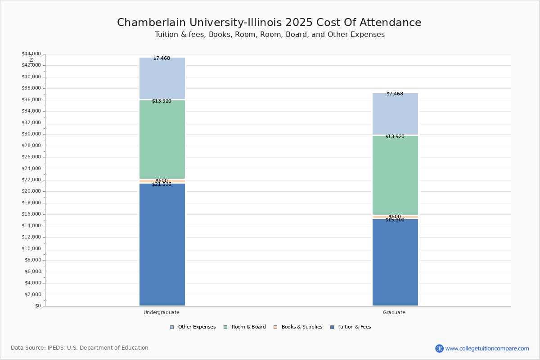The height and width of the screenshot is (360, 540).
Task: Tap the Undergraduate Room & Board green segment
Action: point(162,139)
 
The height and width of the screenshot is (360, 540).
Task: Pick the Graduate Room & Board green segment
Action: point(395,175)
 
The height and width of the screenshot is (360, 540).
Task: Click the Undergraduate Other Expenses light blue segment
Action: point(162,79)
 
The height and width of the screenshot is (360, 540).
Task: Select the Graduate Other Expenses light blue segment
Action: point(395,114)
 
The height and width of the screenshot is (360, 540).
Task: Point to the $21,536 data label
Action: point(162,184)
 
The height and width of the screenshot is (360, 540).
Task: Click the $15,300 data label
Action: point(395,220)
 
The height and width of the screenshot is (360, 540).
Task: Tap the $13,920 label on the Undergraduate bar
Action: point(162,101)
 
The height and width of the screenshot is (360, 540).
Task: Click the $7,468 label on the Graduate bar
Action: point(395,94)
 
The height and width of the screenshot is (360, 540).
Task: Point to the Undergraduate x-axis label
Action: point(162,312)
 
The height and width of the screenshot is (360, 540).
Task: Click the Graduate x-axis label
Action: point(394,312)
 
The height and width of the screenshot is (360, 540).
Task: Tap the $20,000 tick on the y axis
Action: point(31,191)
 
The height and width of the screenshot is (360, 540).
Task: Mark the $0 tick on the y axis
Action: point(37,306)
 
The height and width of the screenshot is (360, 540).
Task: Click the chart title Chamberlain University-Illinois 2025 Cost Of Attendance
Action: point(269,22)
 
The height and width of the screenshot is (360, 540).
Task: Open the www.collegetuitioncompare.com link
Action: point(487,348)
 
